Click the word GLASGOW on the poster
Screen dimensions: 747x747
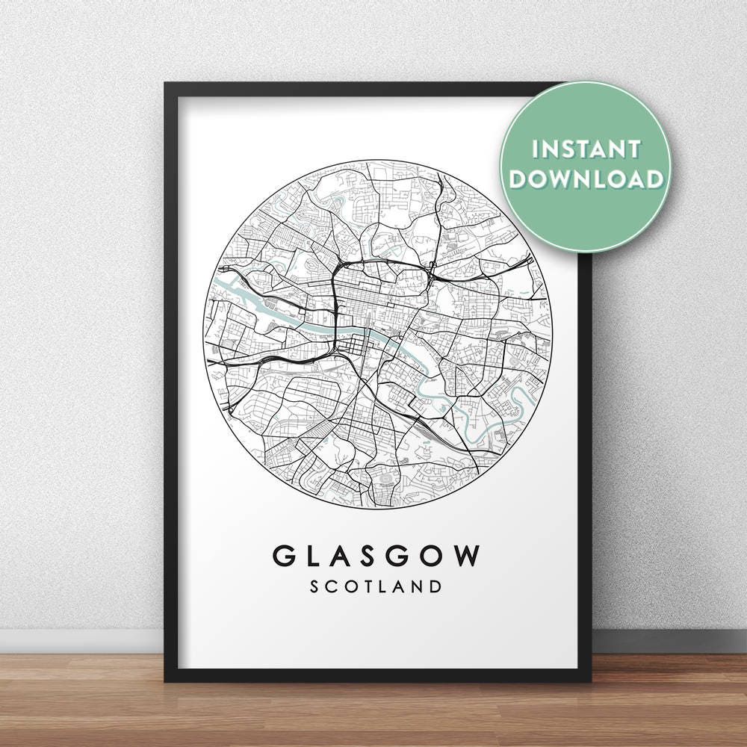[376, 556]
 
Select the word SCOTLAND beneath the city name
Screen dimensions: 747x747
[376, 586]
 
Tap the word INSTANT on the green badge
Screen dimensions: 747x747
[586, 149]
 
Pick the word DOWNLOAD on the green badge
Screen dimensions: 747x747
[586, 179]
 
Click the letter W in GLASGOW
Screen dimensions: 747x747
[465, 556]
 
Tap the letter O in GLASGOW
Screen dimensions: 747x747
[433, 556]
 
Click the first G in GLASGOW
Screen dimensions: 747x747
[284, 556]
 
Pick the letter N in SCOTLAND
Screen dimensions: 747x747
[415, 586]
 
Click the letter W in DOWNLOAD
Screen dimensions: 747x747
[566, 179]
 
